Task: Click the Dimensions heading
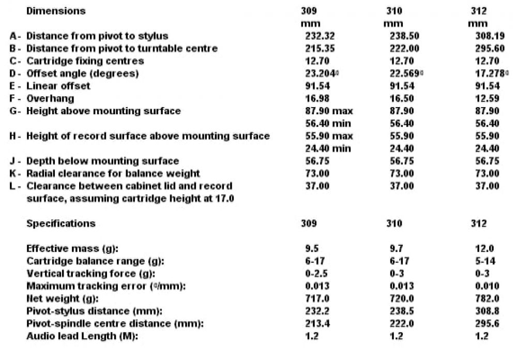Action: (x=56, y=10)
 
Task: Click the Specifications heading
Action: (x=61, y=223)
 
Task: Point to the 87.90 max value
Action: (x=328, y=111)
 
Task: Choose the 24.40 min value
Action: (x=328, y=148)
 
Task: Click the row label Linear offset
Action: (x=58, y=86)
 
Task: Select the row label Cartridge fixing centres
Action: (x=85, y=61)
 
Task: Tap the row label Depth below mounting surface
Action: (x=102, y=161)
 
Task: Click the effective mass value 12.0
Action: (x=486, y=248)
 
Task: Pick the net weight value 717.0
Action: (x=317, y=298)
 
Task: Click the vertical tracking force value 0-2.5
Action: (x=317, y=273)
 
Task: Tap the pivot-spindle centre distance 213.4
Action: (x=317, y=323)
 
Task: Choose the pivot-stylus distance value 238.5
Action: (x=401, y=311)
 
